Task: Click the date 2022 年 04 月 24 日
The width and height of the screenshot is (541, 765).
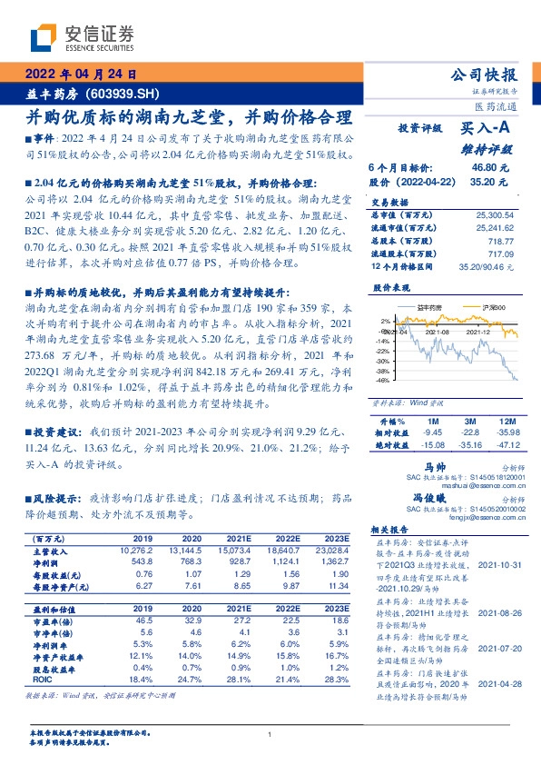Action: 80,75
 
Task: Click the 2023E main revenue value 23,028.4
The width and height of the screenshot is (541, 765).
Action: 330,551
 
